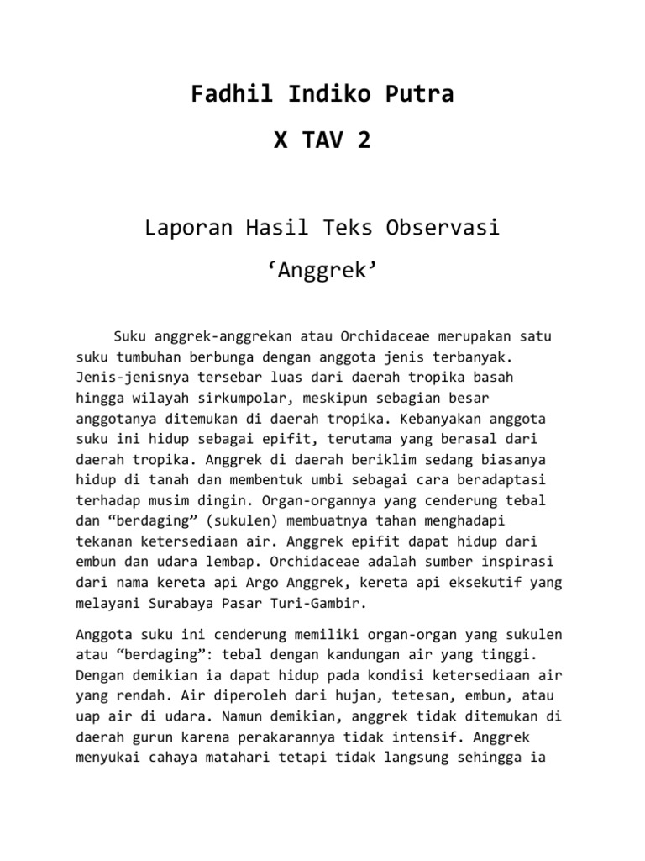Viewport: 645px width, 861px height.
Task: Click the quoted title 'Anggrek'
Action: coord(322,272)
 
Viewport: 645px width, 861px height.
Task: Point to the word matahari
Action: coord(254,758)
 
